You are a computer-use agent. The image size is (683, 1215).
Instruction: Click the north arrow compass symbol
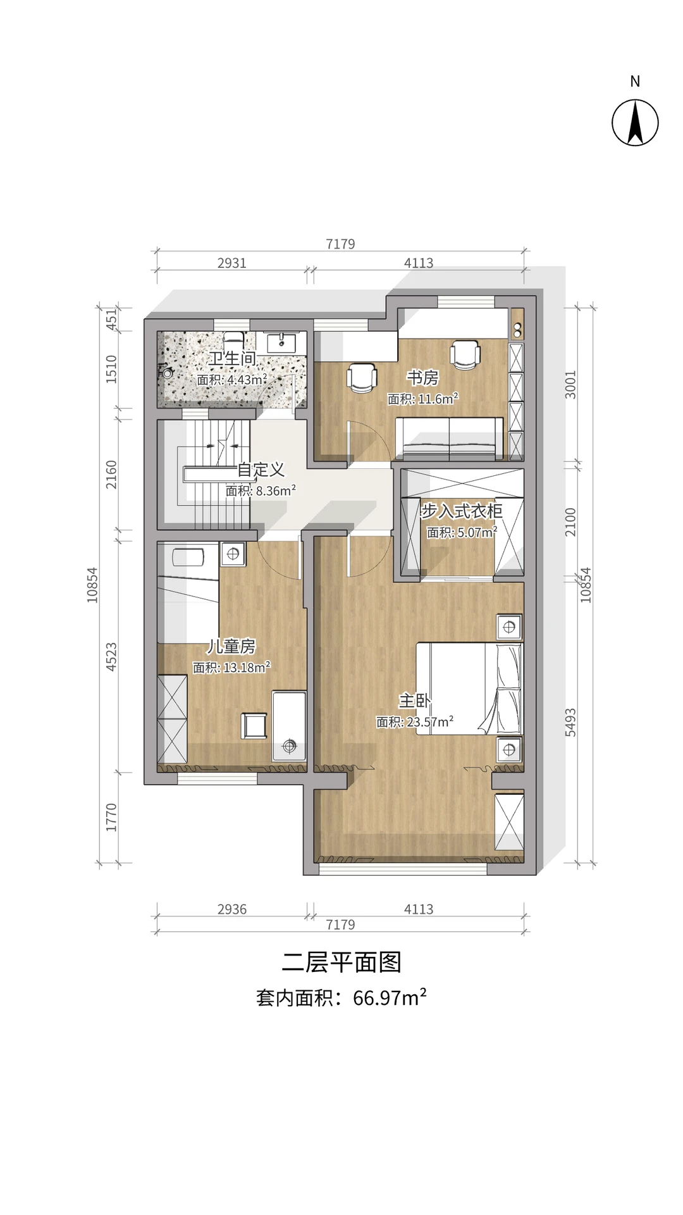click(635, 123)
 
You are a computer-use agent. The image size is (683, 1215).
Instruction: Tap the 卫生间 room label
click(232, 359)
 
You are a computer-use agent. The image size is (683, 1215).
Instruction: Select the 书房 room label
click(422, 378)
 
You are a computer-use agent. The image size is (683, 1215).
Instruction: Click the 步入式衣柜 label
click(462, 511)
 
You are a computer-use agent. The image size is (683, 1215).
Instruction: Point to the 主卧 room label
click(414, 701)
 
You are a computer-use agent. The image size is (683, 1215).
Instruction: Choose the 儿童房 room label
click(231, 646)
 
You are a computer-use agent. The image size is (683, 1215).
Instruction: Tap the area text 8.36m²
click(276, 490)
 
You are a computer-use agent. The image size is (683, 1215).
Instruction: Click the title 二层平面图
click(341, 962)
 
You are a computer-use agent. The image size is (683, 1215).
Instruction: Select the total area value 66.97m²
click(390, 998)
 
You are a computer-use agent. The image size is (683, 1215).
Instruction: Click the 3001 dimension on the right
click(570, 385)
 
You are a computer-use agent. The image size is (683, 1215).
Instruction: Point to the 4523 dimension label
click(111, 657)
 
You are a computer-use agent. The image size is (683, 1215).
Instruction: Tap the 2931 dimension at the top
click(232, 263)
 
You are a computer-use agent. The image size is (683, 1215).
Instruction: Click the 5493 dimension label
click(570, 722)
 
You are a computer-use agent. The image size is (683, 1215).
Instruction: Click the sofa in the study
click(450, 438)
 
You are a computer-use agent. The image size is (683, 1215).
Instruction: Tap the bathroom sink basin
click(281, 342)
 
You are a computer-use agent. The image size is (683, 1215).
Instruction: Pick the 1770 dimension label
click(111, 818)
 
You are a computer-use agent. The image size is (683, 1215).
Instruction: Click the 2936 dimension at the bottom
click(232, 909)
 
